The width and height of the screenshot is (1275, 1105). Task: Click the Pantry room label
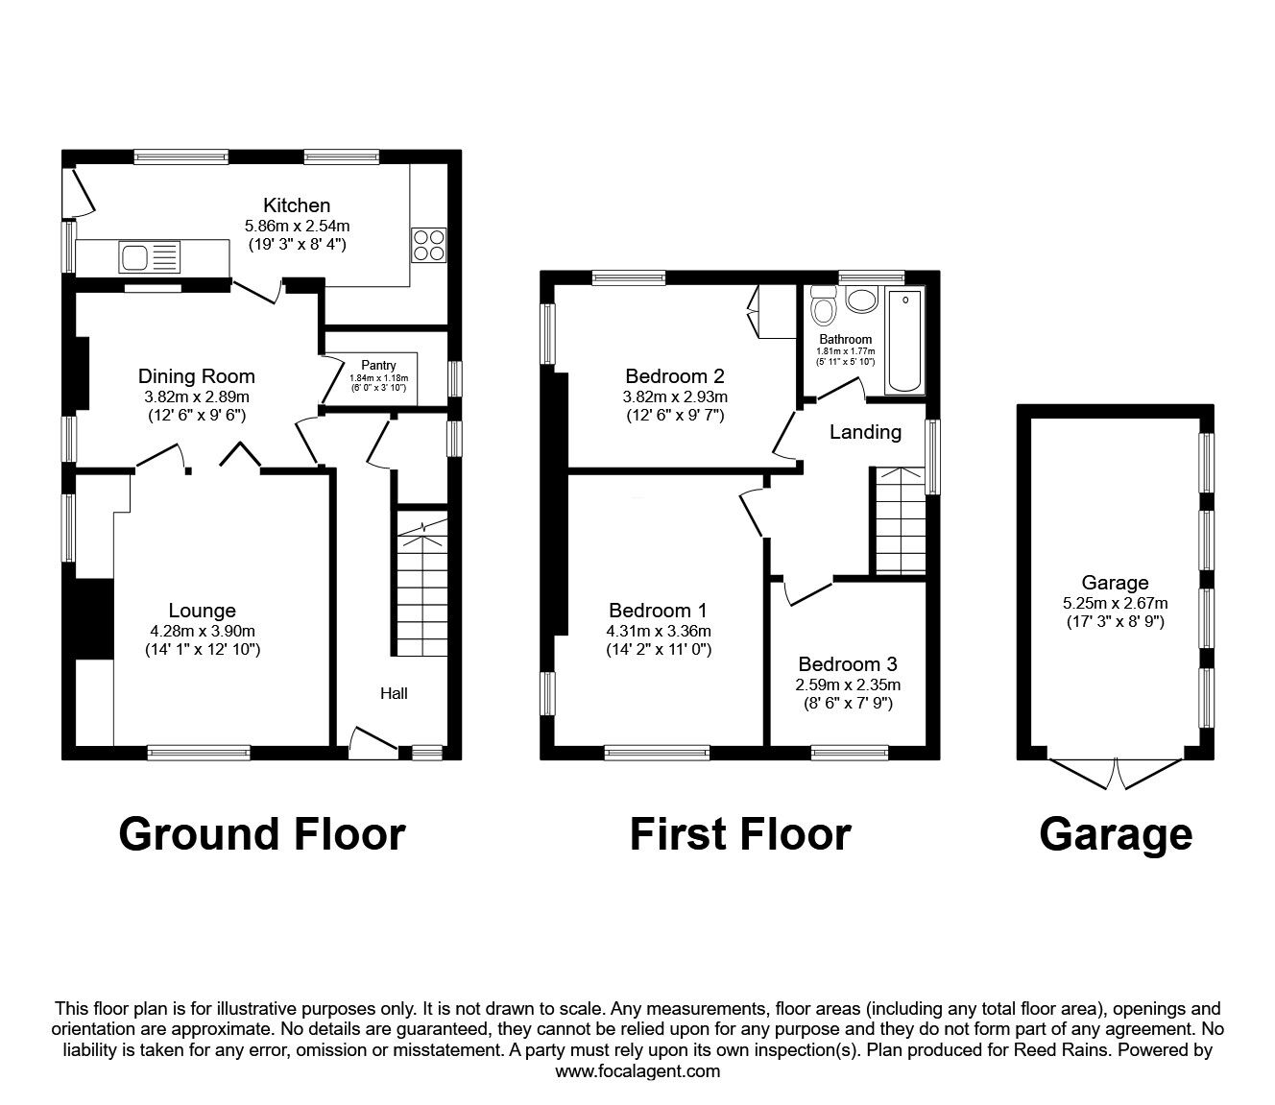pos(378,365)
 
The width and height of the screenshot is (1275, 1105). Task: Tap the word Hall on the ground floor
pos(394,692)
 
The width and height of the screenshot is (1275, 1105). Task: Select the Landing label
pos(865,432)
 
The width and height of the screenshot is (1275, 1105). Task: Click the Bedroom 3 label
pos(847,664)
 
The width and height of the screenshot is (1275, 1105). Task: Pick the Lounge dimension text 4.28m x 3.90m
pos(202,631)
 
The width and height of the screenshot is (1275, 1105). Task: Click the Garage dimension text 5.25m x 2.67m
pos(1115,603)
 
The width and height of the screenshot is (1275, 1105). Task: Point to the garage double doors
pos(1116,773)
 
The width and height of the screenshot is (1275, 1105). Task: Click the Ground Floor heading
pos(261,833)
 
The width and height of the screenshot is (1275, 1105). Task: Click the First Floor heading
pos(739,833)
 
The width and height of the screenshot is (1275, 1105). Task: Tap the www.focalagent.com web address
pos(637,1071)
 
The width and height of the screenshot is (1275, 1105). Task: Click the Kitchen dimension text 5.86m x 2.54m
pos(297,226)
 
